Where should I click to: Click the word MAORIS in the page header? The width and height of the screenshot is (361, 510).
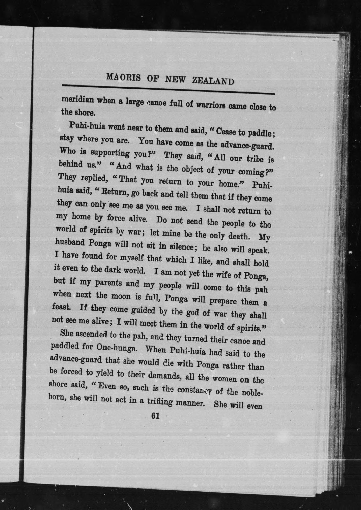click(x=123, y=77)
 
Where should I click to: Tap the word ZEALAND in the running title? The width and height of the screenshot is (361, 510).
click(x=213, y=81)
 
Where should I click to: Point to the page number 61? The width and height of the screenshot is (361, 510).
click(x=155, y=416)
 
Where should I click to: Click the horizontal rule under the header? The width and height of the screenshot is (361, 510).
click(x=168, y=89)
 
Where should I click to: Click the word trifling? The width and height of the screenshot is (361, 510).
click(x=160, y=402)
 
